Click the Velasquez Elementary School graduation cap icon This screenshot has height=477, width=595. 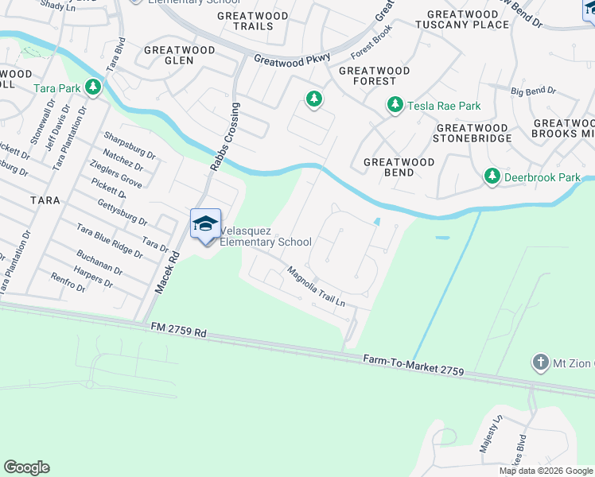point(205,223)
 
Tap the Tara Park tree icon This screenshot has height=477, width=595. point(94,87)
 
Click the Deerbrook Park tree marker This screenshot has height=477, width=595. point(492,176)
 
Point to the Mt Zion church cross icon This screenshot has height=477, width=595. point(541,363)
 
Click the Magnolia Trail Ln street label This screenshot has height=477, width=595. point(317,286)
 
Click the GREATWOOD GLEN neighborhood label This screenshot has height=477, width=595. point(179,56)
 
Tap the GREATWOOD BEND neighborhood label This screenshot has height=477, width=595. point(399,167)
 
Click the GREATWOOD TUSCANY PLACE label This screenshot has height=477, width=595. point(462,19)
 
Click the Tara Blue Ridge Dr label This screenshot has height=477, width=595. point(109,242)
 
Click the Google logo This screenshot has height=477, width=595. point(26,467)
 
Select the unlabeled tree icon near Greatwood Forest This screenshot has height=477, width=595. point(314,99)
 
